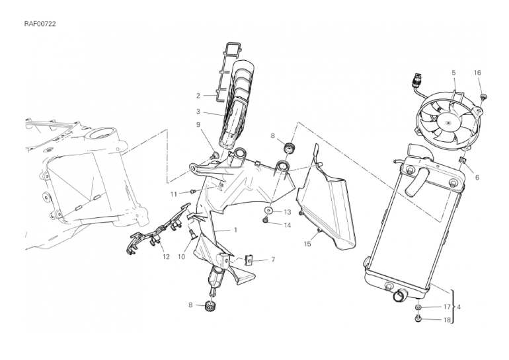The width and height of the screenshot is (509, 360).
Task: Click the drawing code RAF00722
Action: (x=40, y=24)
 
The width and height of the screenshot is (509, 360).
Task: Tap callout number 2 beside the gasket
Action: (x=198, y=96)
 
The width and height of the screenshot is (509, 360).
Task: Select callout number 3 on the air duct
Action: (x=198, y=112)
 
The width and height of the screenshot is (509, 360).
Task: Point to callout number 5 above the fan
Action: (x=453, y=73)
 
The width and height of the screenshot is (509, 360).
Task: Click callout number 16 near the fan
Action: (x=477, y=73)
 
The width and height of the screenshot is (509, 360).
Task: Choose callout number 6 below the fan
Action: (x=477, y=178)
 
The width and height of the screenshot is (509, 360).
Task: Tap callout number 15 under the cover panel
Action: (x=307, y=244)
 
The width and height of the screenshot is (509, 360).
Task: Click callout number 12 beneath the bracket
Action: (x=166, y=257)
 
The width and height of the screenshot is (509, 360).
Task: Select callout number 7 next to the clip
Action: (x=273, y=260)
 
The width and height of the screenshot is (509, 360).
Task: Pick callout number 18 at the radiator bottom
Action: (x=447, y=320)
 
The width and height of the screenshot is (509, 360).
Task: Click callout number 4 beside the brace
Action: (x=458, y=306)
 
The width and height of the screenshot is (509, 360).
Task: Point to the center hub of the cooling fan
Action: (x=448, y=124)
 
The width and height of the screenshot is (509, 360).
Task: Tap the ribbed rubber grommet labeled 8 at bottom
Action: (x=211, y=306)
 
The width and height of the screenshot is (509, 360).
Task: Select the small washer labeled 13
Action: (x=268, y=211)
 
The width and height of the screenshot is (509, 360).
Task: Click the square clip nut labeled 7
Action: (x=249, y=260)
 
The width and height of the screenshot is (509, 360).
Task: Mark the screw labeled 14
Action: (x=265, y=221)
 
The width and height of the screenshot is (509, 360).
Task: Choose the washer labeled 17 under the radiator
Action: (x=418, y=306)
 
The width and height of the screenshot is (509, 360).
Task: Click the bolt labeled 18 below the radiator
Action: (x=418, y=318)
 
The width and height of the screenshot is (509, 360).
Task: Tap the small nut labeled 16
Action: (x=484, y=96)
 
